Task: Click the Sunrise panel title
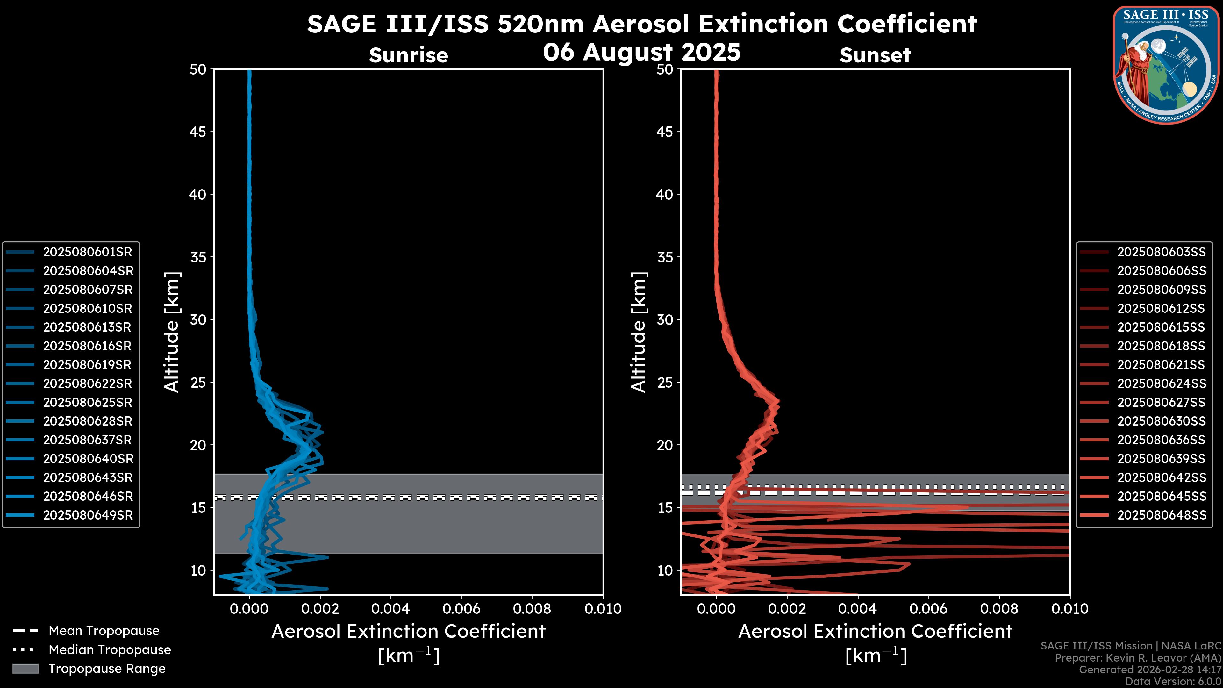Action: click(408, 55)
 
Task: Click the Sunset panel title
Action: click(875, 55)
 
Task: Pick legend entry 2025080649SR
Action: click(88, 515)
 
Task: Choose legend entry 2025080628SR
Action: click(87, 421)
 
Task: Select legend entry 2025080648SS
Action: click(1161, 515)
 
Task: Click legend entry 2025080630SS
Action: click(1161, 421)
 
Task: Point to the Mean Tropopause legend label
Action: click(104, 631)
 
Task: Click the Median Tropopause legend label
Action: click(110, 650)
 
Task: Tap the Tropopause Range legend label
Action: click(107, 669)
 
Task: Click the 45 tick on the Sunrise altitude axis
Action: click(198, 132)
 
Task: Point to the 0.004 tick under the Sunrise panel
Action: click(391, 609)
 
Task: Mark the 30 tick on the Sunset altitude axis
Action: click(665, 320)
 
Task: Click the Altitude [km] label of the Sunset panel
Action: click(639, 332)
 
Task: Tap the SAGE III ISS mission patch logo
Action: click(1165, 65)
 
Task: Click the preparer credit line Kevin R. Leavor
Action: click(1138, 658)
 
